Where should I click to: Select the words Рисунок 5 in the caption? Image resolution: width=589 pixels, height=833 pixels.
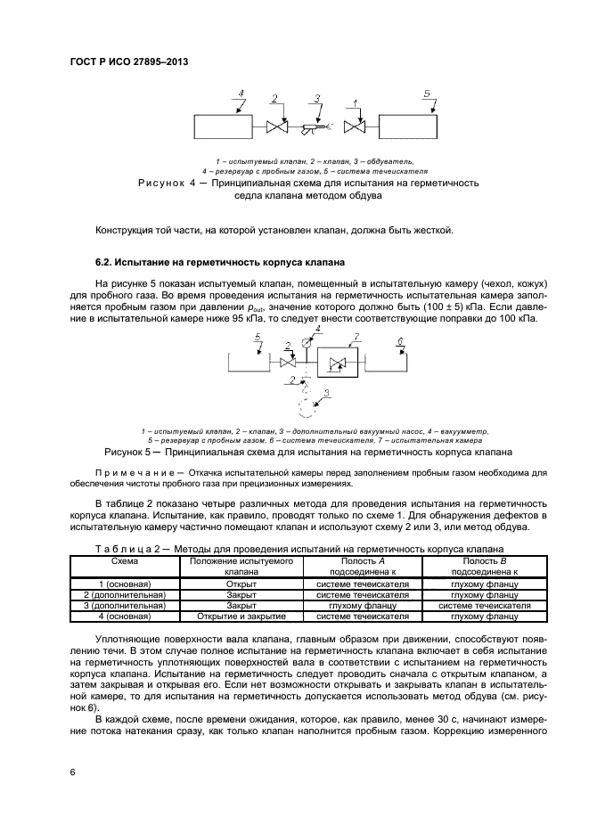[132, 452]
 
